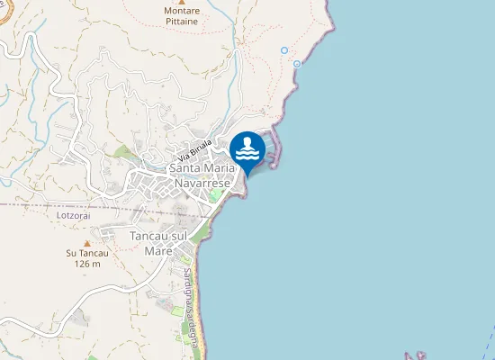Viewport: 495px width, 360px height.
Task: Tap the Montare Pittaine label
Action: [x=183, y=17]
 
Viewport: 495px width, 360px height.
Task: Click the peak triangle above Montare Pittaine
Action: [x=182, y=3]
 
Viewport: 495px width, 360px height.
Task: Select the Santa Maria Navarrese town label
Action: [x=207, y=175]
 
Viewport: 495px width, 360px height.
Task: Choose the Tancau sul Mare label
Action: [x=158, y=243]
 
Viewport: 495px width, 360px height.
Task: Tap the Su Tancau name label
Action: [x=87, y=254]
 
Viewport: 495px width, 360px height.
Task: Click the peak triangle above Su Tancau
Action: [x=87, y=243]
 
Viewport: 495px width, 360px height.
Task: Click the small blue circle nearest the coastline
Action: [x=297, y=64]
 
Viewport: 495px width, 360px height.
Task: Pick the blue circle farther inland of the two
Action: [x=284, y=50]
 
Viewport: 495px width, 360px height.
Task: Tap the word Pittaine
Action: [x=183, y=22]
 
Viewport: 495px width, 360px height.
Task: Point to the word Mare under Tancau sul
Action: [x=158, y=251]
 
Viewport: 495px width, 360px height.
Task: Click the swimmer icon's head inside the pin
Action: [x=247, y=141]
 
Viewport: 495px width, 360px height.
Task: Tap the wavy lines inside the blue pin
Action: [x=247, y=155]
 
